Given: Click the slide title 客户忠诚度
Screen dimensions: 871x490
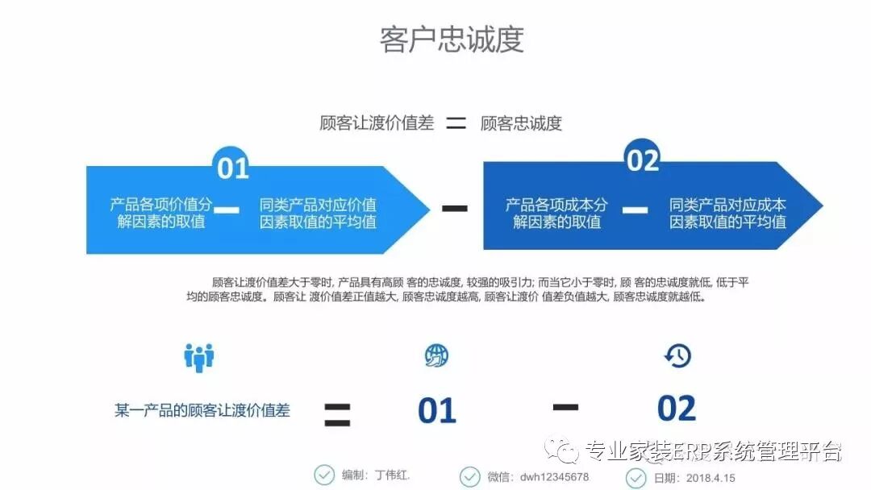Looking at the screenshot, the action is tap(452, 39).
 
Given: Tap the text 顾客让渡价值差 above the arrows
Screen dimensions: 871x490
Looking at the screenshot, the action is tap(377, 122).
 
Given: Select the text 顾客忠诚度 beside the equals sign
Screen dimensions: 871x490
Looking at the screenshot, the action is tap(521, 123).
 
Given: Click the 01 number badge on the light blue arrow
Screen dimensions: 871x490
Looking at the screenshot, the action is tap(232, 167).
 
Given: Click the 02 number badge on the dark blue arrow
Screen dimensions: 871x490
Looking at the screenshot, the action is tap(643, 160).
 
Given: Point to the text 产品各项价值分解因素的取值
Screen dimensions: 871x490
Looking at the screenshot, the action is tap(161, 213).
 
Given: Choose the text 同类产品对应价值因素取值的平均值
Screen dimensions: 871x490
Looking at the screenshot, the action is tap(318, 213).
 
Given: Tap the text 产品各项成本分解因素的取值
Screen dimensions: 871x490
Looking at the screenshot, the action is tap(556, 213).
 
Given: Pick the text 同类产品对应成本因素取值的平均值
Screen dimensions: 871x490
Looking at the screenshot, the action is tap(727, 213).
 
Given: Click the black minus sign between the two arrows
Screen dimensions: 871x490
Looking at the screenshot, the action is tap(455, 208).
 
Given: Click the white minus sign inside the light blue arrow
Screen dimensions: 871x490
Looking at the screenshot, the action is tap(227, 210).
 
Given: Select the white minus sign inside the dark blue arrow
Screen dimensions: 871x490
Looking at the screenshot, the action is tap(636, 210).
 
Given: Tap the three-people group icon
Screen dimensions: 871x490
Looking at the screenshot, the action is tap(198, 356).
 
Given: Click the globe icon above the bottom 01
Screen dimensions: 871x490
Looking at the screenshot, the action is tap(436, 355).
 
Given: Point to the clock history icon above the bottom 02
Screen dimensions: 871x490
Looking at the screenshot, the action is tap(677, 355).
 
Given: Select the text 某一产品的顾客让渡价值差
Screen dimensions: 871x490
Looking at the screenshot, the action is tap(202, 410).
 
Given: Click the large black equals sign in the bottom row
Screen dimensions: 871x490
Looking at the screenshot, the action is tap(337, 413).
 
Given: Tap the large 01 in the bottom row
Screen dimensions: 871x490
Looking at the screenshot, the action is tap(437, 411).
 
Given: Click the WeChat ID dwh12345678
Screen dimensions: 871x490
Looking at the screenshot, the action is tap(554, 476).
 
